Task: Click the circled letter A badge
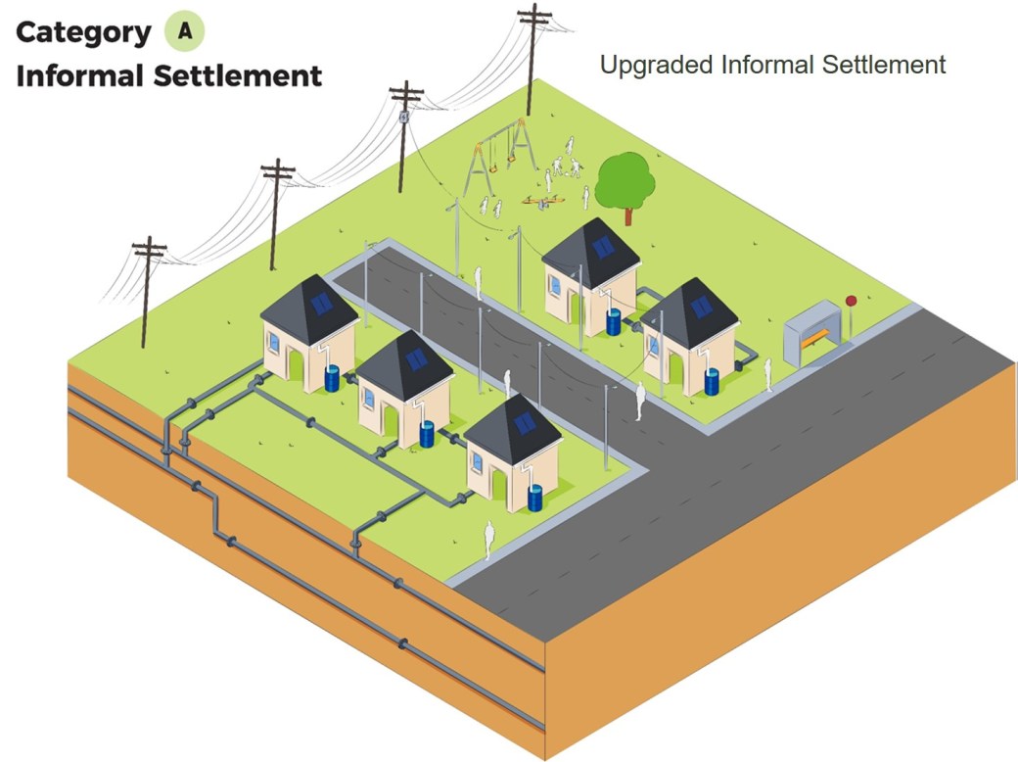184,31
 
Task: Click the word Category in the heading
83,32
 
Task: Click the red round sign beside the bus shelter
851,301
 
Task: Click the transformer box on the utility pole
402,116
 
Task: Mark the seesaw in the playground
541,202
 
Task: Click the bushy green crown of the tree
625,176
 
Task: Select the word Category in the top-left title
83,32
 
